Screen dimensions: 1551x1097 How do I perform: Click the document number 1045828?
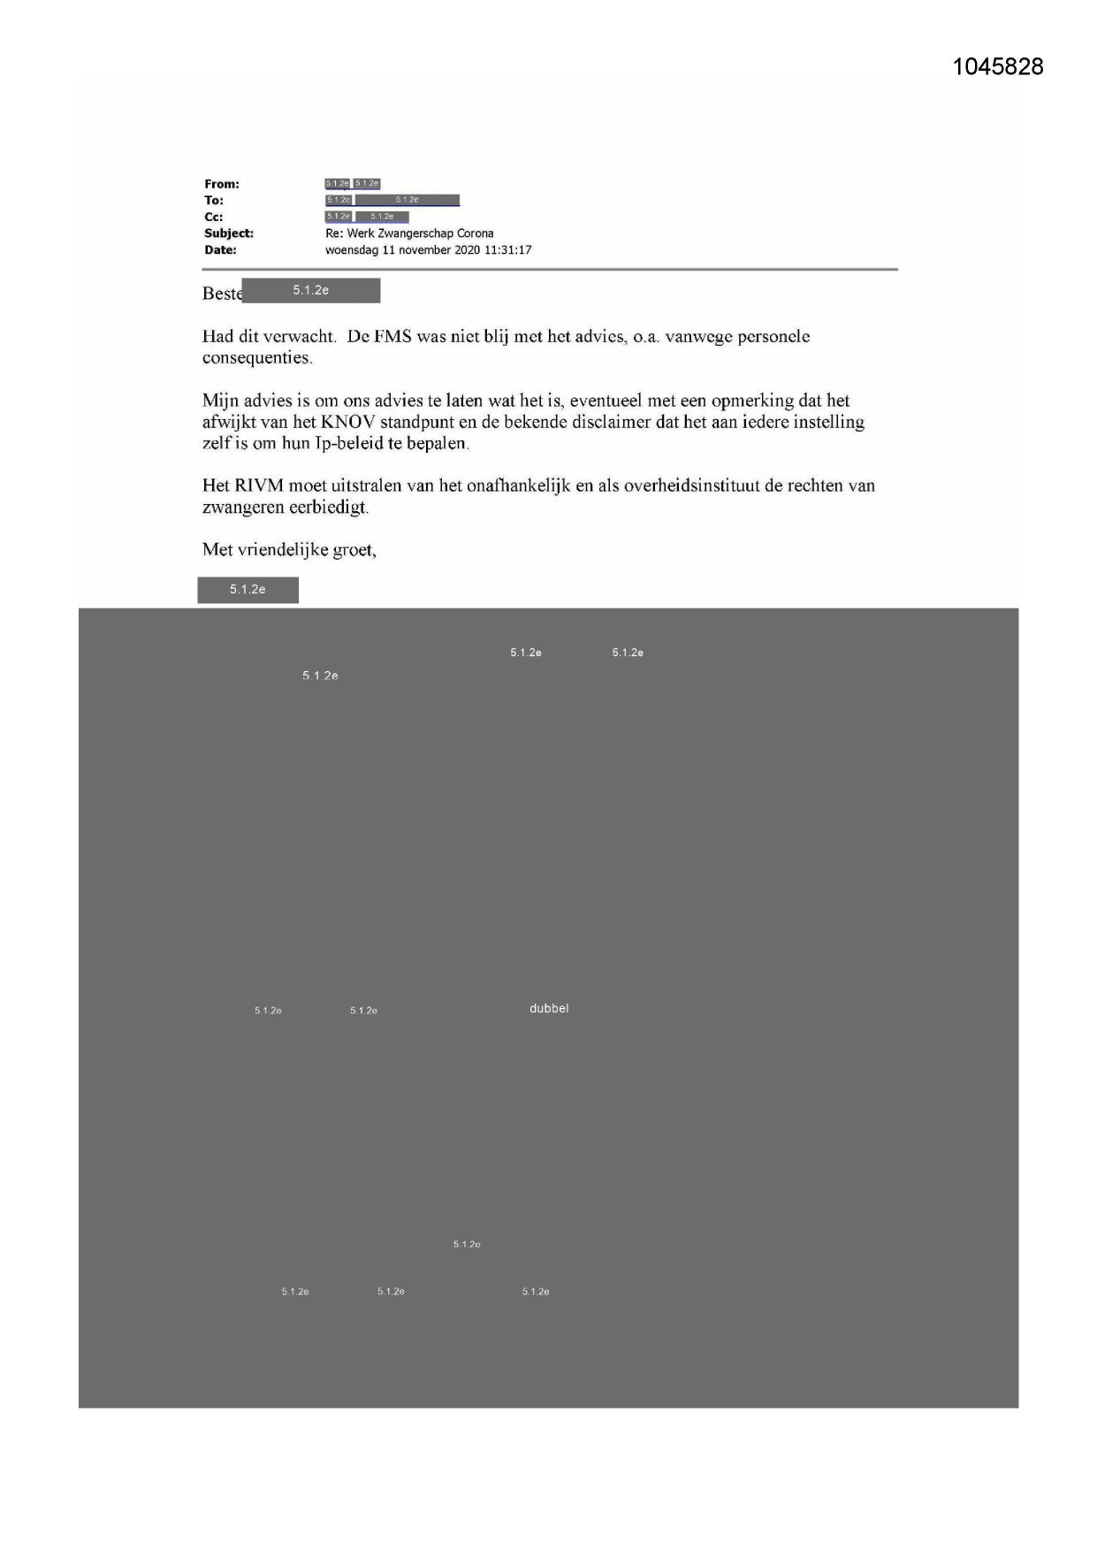(998, 67)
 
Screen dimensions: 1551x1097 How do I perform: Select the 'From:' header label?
(222, 184)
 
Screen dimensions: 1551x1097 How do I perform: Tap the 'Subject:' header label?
(229, 233)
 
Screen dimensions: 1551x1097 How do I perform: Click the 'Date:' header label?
(220, 250)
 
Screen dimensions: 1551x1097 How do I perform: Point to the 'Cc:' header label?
(214, 217)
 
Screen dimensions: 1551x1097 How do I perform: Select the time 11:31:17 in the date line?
(507, 250)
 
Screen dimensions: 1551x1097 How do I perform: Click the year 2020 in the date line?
(467, 250)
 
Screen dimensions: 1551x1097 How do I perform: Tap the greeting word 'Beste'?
(221, 294)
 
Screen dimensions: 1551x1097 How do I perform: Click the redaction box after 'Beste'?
(311, 291)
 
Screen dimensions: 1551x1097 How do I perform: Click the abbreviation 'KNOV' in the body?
(348, 422)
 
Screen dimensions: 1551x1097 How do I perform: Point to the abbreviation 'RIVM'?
(259, 485)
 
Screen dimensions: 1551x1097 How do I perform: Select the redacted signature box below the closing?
(248, 590)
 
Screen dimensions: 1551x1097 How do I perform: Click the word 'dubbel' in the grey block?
(549, 1009)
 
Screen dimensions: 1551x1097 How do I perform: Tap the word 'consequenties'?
(256, 358)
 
